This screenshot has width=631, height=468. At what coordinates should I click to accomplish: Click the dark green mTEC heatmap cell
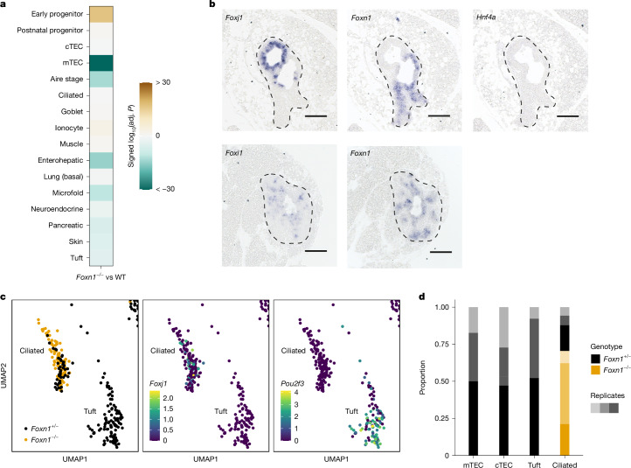click(101, 63)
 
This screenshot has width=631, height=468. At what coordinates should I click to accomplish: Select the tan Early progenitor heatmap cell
click(101, 14)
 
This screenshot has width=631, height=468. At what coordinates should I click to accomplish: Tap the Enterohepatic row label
click(60, 160)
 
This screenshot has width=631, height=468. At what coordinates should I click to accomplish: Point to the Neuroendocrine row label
click(57, 209)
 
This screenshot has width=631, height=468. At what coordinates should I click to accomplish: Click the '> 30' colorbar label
click(163, 82)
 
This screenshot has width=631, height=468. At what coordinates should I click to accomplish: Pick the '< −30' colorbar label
click(165, 189)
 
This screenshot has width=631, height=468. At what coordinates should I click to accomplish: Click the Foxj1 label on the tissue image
click(234, 18)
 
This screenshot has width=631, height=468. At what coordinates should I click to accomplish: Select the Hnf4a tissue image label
click(486, 17)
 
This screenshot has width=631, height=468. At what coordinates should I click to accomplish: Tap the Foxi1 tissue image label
click(234, 153)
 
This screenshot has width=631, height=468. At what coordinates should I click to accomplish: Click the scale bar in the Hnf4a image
click(567, 116)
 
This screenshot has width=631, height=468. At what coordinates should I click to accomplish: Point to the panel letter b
click(212, 4)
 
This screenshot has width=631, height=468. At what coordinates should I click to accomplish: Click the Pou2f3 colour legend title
click(293, 383)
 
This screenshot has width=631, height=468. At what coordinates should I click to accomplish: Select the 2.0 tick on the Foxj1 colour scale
click(168, 398)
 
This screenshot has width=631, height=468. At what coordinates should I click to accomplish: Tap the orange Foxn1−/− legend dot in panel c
click(26, 440)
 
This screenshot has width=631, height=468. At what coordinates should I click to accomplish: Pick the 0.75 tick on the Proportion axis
click(441, 344)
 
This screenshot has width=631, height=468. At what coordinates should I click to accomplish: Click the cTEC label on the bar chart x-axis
click(503, 465)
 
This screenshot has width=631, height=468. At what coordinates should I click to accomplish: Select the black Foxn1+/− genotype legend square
click(595, 359)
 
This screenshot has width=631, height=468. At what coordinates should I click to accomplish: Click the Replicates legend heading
click(607, 395)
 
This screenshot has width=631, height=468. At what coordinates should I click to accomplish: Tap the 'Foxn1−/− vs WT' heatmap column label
click(101, 277)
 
